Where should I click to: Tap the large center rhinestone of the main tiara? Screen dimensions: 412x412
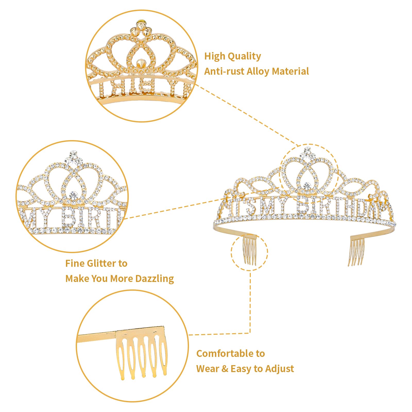tap(307, 185)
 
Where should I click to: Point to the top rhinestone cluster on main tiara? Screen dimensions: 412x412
tap(308, 152)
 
